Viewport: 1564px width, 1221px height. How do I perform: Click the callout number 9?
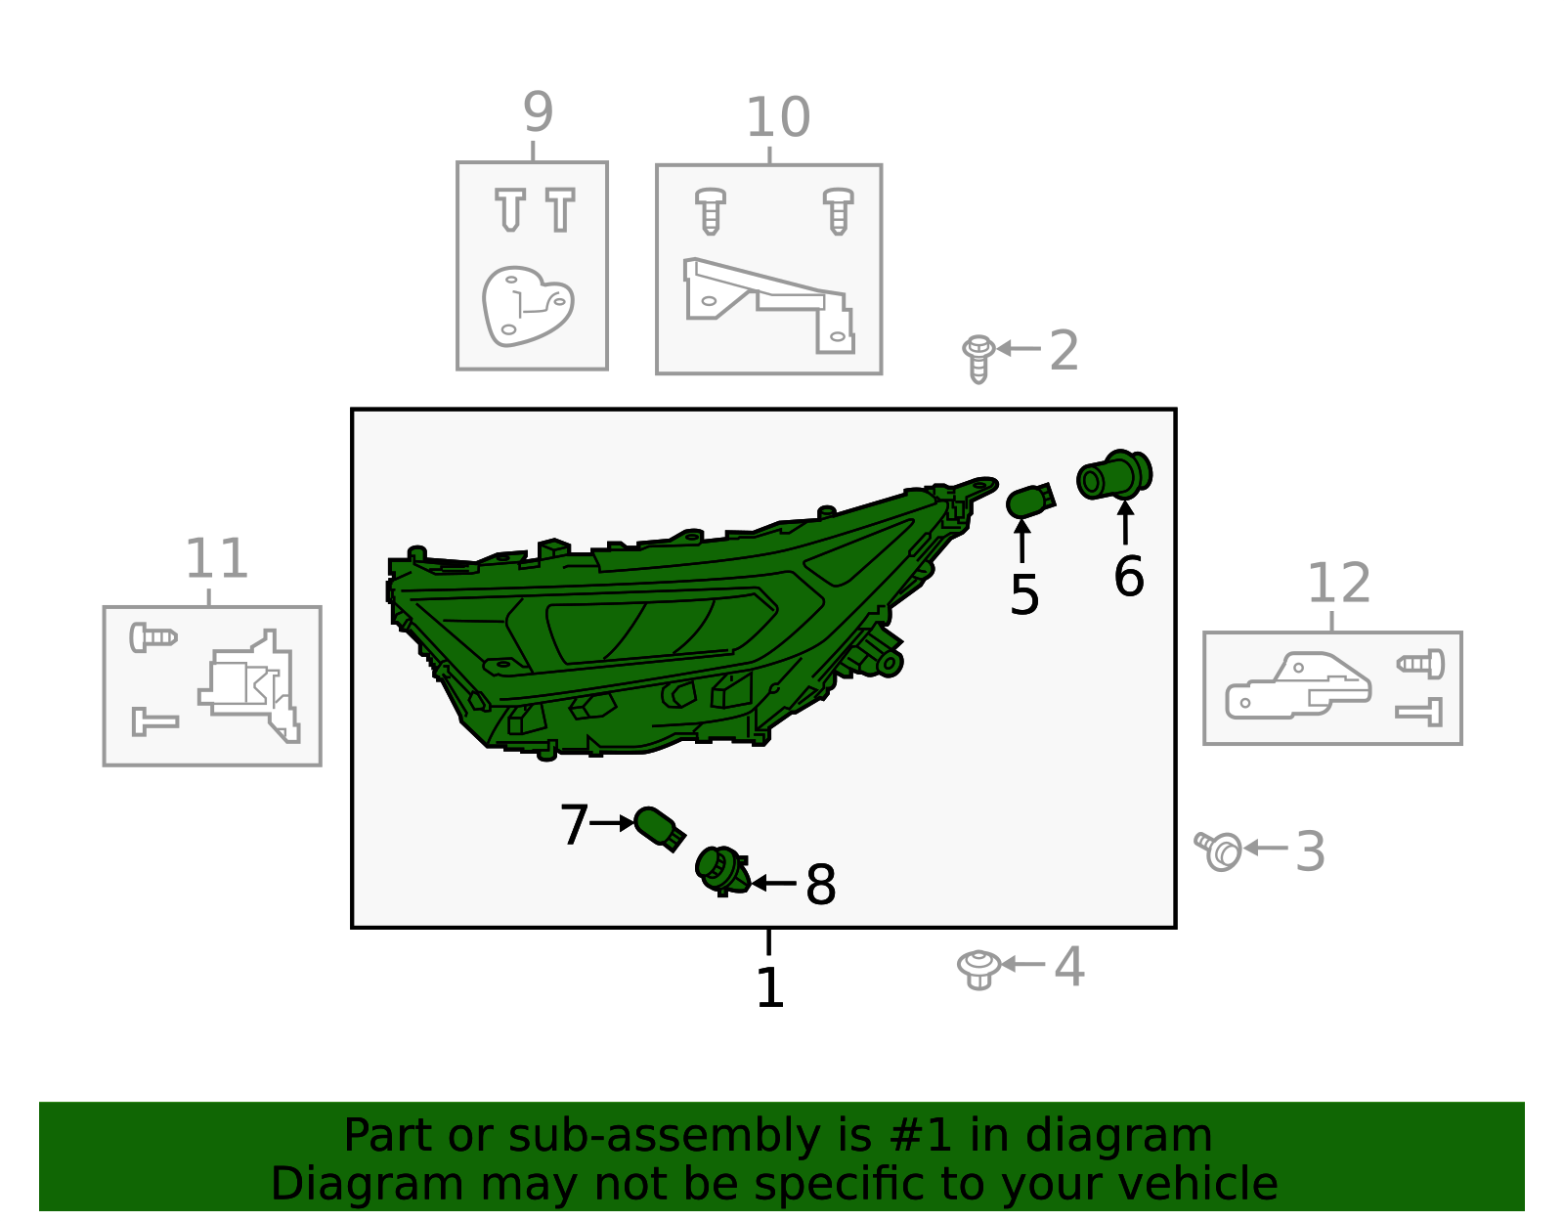pos(538,112)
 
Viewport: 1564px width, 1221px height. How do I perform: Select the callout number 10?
pos(778,117)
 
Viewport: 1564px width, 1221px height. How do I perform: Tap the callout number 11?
pos(217,558)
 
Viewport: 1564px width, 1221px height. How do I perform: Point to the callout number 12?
pos(1338,583)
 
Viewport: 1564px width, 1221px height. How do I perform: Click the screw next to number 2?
pos(978,359)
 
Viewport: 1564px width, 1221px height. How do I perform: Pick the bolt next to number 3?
pos(1219,850)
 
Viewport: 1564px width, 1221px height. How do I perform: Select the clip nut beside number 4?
pos(978,969)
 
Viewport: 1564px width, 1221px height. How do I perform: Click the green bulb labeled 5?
pos(1030,501)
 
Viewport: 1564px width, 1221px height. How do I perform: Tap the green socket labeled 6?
pos(1114,475)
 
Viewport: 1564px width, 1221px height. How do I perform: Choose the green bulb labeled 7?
pos(659,829)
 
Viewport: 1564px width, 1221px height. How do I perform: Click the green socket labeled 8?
pos(722,871)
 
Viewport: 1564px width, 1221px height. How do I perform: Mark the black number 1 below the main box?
pos(769,987)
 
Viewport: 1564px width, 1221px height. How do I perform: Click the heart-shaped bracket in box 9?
pos(528,307)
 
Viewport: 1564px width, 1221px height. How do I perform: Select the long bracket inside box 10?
pos(768,305)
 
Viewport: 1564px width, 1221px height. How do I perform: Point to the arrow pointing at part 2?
pos(1019,348)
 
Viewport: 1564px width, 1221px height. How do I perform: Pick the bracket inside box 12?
pos(1298,685)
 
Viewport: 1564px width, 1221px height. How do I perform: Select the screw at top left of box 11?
pos(153,637)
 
